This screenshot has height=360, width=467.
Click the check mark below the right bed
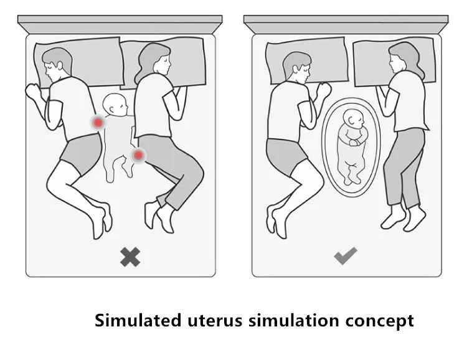tap(345, 255)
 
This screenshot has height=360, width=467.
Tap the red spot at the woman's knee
tap(138, 154)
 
